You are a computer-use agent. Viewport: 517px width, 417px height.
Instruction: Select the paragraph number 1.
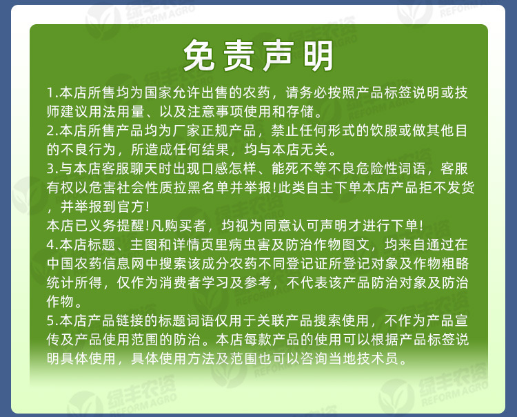(50, 93)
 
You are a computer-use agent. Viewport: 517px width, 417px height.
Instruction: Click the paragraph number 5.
(50, 320)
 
